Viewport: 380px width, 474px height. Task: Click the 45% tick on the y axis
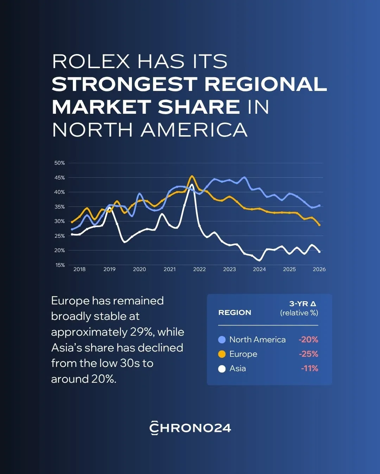[x=59, y=178]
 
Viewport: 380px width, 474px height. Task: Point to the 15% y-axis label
[x=60, y=265]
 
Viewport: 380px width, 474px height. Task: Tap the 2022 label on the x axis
[x=199, y=269]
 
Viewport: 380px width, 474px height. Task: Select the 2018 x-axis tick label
[x=80, y=269]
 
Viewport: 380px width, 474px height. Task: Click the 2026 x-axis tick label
[x=319, y=269]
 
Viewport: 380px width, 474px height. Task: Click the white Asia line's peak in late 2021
[x=192, y=185]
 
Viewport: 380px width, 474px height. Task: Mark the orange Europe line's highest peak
[x=192, y=176]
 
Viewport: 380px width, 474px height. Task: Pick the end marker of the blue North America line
[x=319, y=205]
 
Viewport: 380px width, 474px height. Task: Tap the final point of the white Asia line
[x=319, y=252]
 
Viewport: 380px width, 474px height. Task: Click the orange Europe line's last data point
[x=319, y=225]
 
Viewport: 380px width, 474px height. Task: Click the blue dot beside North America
[x=222, y=340]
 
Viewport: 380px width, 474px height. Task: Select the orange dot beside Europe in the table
[x=222, y=354]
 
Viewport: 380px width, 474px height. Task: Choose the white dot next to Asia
[x=222, y=369]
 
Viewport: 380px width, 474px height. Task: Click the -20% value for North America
[x=309, y=340]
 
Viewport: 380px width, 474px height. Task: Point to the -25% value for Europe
[x=309, y=354]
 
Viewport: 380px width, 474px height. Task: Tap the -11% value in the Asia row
[x=310, y=369]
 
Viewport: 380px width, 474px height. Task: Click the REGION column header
[x=235, y=312]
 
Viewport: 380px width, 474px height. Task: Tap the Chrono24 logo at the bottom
[x=190, y=428]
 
